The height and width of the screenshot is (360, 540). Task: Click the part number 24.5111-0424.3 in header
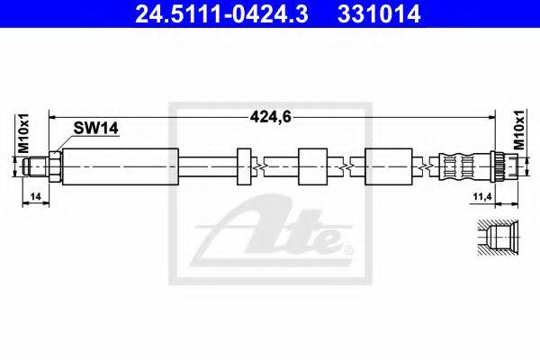coord(221,13)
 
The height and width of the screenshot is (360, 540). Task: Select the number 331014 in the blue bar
coord(379,13)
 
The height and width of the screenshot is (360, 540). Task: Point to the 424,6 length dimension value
coord(271,117)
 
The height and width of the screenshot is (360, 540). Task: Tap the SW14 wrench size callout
coord(95,129)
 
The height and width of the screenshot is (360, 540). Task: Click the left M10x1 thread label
coord(23,134)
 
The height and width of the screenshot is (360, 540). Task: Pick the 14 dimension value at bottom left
coord(35,197)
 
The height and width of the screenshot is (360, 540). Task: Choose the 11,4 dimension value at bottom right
coord(482,197)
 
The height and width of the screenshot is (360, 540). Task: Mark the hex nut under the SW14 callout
coord(56,166)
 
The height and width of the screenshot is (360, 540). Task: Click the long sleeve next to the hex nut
coord(121,166)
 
